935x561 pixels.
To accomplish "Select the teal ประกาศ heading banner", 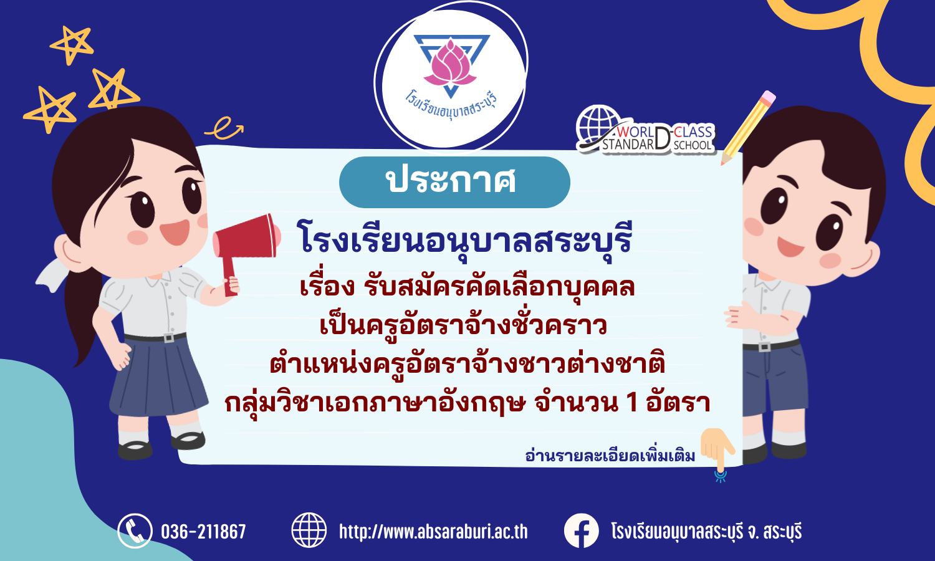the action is (454, 182).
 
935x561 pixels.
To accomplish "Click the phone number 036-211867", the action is (203, 531).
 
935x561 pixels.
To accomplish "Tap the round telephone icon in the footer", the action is (135, 530).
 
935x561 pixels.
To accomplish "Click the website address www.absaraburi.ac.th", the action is (433, 531).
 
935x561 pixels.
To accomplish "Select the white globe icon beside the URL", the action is (309, 530).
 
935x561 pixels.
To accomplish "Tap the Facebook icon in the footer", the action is (581, 530).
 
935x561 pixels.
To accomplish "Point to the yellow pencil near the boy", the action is (748, 128).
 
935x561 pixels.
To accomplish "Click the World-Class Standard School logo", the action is (645, 130).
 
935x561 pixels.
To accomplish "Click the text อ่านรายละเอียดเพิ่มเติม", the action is (610, 456).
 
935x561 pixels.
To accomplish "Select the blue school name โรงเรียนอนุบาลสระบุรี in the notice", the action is (464, 239).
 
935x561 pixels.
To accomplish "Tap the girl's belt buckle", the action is (169, 337).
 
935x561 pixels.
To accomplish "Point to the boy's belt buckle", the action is (764, 347).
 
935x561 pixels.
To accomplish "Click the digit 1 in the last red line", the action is (633, 403).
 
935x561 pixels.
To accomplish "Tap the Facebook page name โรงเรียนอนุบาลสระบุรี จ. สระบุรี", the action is (706, 531).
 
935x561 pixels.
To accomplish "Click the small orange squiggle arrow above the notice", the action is (224, 128).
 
